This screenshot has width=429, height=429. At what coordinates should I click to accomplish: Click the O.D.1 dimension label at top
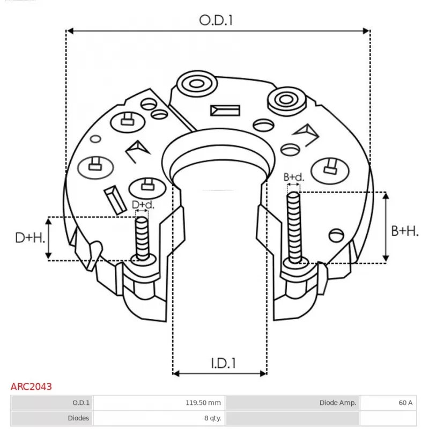click(217, 20)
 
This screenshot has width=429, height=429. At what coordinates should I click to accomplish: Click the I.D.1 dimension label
click(223, 364)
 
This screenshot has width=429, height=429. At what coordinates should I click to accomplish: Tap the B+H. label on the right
click(404, 231)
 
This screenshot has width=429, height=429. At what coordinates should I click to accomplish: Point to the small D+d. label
click(143, 205)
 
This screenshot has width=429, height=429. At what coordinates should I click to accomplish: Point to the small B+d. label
click(294, 177)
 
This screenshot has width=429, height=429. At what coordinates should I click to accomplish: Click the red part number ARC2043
click(31, 386)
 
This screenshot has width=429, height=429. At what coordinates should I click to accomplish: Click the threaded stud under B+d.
click(294, 227)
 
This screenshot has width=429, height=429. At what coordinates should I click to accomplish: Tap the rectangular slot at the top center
click(225, 110)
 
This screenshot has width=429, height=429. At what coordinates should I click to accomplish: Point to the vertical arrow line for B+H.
click(386, 227)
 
